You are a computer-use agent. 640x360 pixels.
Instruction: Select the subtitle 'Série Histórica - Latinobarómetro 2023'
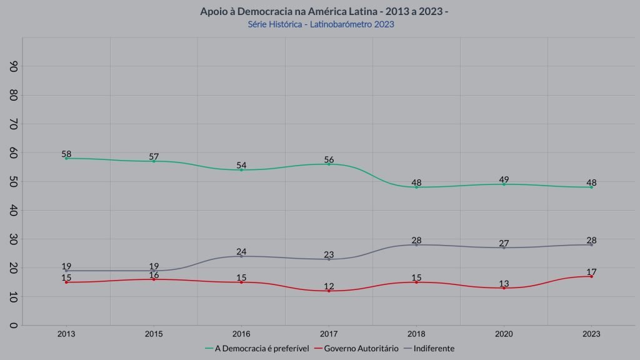coord(321,24)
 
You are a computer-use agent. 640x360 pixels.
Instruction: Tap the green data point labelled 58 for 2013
coord(66,158)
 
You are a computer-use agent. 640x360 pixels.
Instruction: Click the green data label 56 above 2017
coord(329,159)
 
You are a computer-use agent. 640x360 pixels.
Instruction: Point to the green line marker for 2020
coord(504,184)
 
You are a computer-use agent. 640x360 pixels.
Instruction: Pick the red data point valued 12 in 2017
coord(329,291)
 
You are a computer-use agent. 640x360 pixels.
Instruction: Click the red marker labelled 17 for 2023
coord(591,276)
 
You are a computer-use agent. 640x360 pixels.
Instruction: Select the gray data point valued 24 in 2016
coord(241,256)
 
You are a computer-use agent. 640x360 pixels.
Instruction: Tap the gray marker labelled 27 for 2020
coord(504,247)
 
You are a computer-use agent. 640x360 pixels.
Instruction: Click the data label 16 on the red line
coord(154,275)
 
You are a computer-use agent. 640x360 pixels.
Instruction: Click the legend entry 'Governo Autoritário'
coord(359,348)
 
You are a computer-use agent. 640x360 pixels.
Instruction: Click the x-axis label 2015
coord(154,334)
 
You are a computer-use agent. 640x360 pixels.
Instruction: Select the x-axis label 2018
coord(416,334)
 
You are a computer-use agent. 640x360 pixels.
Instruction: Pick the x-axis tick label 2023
coord(591,334)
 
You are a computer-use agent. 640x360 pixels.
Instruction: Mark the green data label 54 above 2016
coord(241,166)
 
